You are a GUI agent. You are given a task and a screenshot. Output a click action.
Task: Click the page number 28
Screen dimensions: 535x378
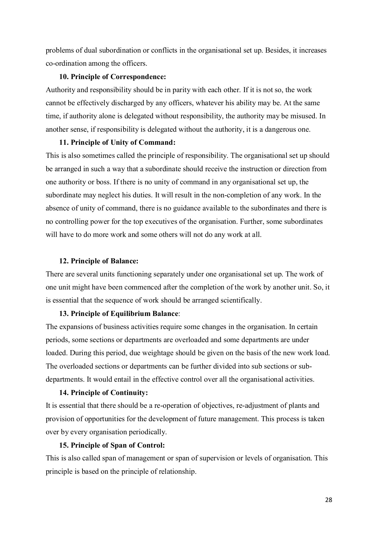(x=328, y=500)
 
